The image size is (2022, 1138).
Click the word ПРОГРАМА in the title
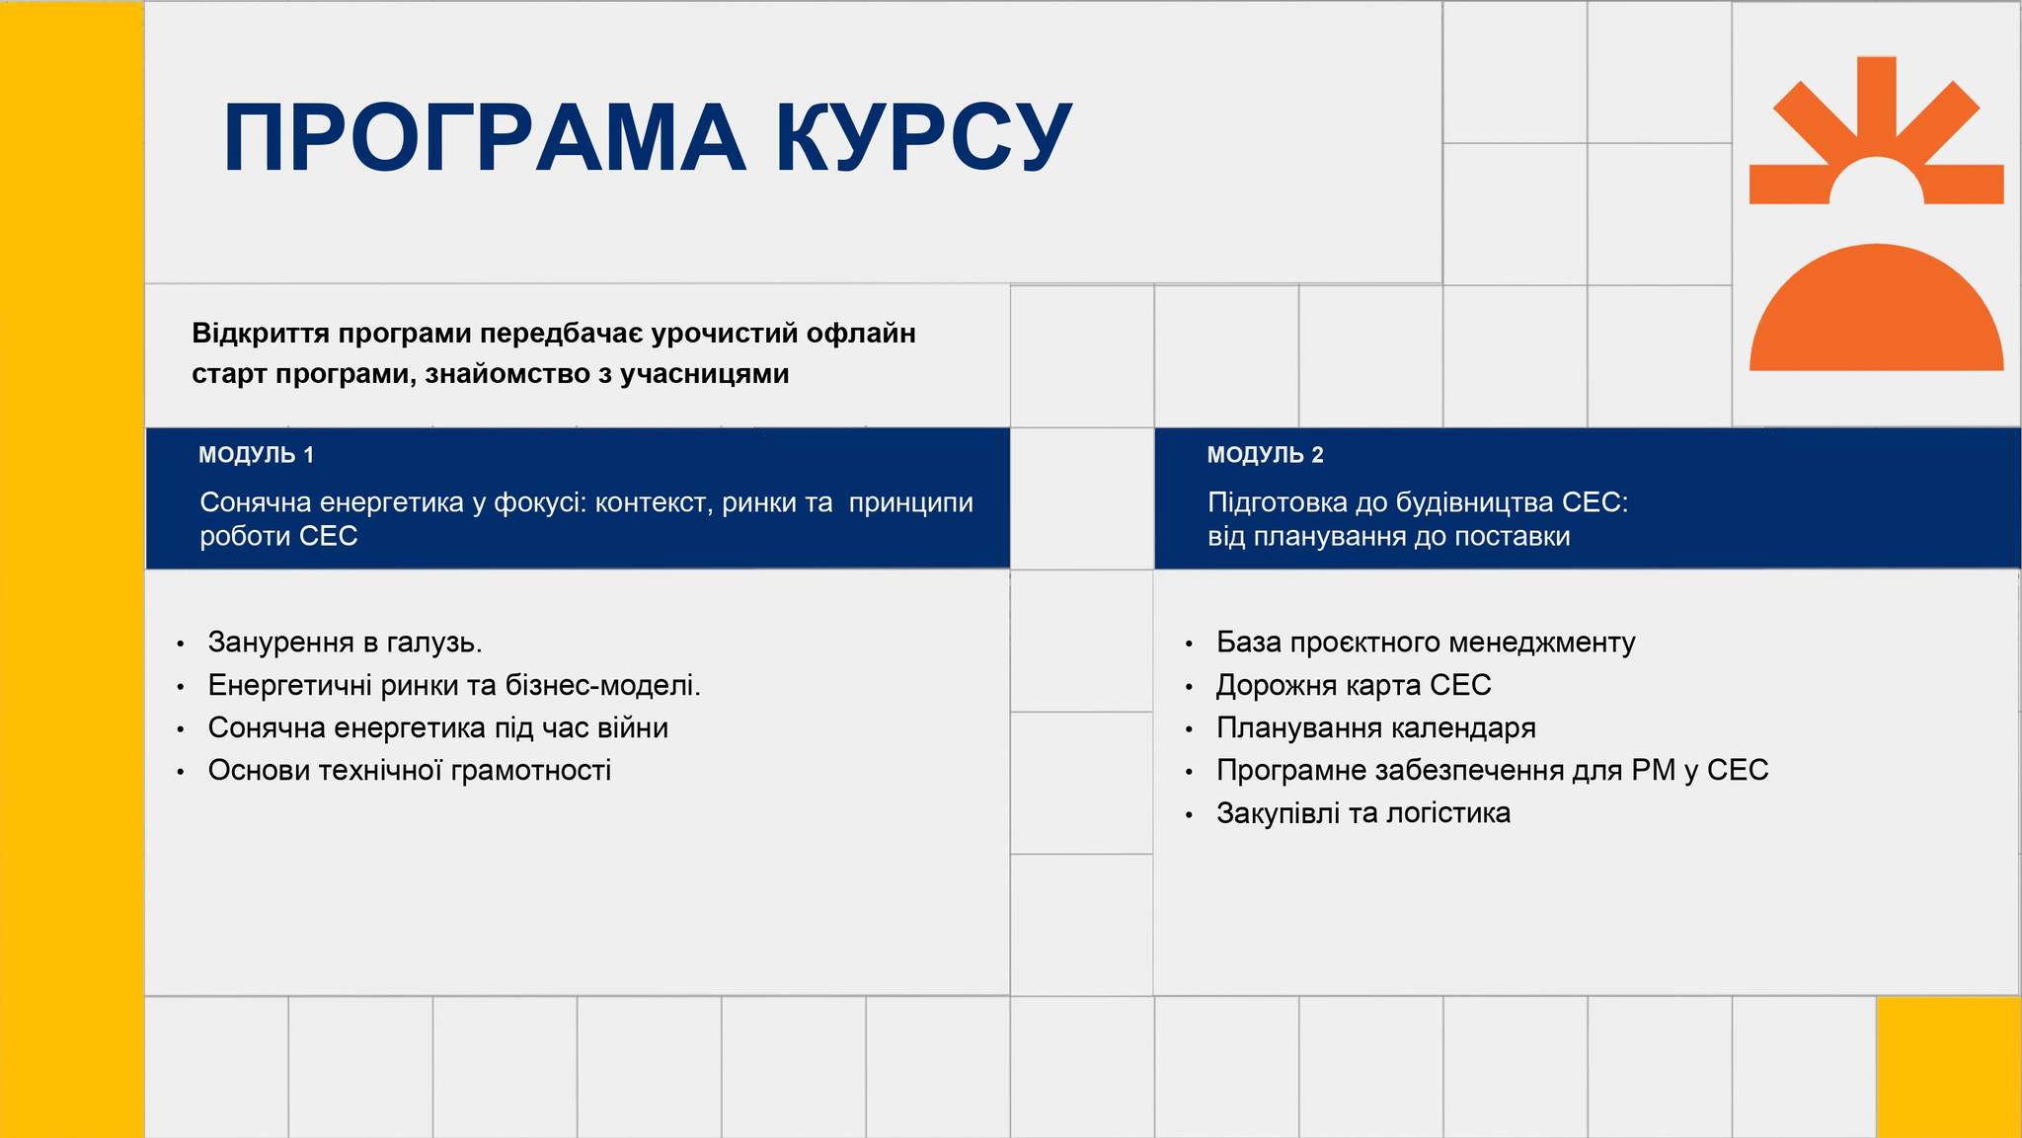[x=484, y=137]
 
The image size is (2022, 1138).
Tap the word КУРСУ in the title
[x=924, y=137]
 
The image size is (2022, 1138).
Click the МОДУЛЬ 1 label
[x=256, y=455]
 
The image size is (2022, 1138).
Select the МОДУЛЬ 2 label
[x=1265, y=455]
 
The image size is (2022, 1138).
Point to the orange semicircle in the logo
[x=1876, y=316]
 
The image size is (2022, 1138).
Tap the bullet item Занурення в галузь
[x=345, y=643]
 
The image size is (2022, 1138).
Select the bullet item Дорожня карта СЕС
[x=1354, y=685]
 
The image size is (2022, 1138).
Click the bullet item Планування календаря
[x=1376, y=728]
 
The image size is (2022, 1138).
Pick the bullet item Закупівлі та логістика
[x=1363, y=813]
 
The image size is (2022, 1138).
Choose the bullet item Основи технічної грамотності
[x=410, y=771]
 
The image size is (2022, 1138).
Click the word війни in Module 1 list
[x=633, y=728]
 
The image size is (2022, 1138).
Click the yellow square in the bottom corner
[x=1949, y=1067]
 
